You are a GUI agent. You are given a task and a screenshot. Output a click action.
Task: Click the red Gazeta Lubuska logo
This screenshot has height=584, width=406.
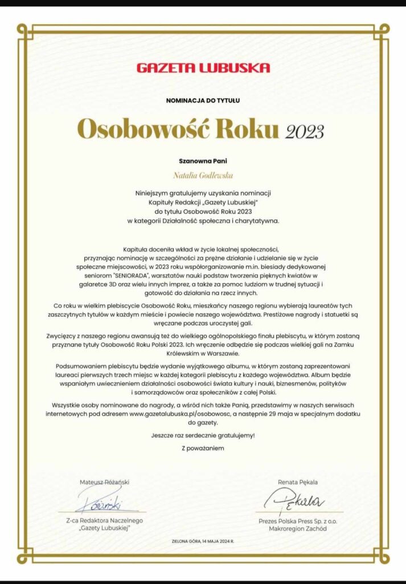(203, 68)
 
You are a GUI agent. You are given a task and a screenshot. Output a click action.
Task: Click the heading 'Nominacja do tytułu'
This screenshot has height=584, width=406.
(203, 100)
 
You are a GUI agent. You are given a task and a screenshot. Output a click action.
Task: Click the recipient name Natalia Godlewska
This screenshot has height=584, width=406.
(203, 176)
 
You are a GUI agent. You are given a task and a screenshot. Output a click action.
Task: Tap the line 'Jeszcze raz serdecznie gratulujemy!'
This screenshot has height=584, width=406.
(203, 435)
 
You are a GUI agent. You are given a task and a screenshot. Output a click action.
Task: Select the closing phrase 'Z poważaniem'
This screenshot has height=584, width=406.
(203, 448)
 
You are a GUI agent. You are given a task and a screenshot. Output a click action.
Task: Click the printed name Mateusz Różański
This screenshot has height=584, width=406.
(104, 482)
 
